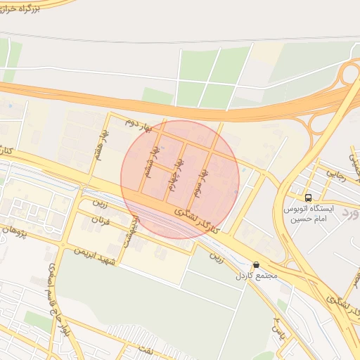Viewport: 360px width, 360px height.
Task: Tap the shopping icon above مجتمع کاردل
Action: (255, 266)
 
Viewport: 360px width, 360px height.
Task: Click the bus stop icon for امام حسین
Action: (309, 198)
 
